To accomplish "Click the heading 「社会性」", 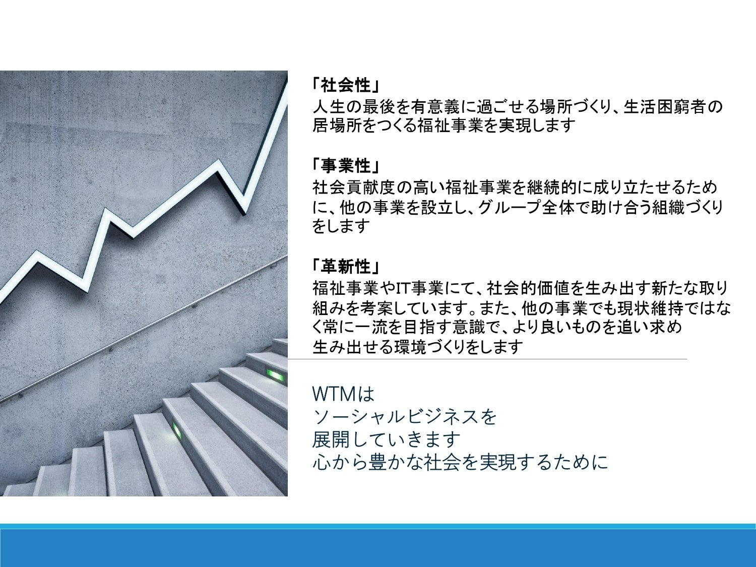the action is tap(345, 85).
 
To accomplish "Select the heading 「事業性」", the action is tap(345, 166).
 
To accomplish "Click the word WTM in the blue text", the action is tap(334, 394).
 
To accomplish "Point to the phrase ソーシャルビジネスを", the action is tap(404, 417).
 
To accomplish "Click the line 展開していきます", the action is tap(386, 439).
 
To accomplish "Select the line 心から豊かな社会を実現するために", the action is tap(460, 462).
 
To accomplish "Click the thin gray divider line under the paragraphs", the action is tap(487, 359).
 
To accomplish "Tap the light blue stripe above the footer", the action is tap(378, 526).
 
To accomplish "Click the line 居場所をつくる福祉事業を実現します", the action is tap(444, 125).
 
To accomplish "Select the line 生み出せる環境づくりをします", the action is tap(417, 347).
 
